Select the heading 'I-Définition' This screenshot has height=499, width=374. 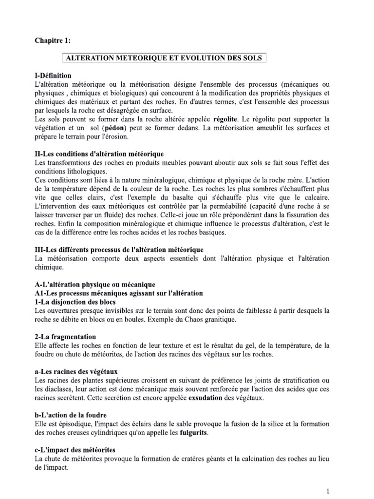click(53, 76)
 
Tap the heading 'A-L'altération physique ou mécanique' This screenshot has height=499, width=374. click(95, 284)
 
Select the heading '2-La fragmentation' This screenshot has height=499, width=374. click(66, 337)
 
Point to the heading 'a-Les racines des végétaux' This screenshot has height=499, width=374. click(76, 371)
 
